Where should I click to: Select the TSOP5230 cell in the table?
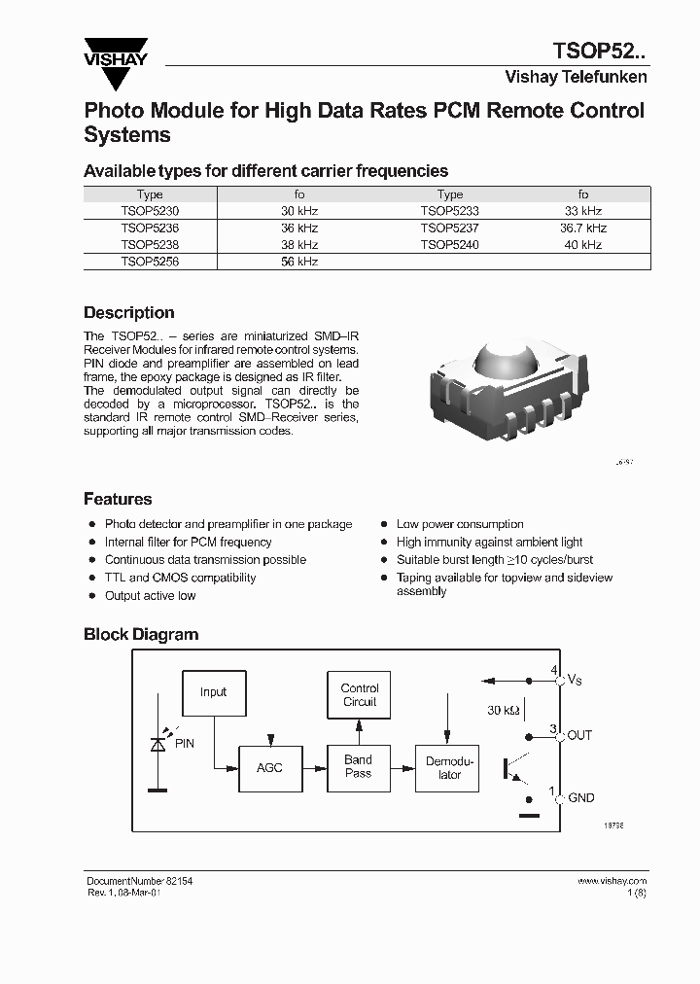point(150,210)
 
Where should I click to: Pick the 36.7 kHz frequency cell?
point(583,228)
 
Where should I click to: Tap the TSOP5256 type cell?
point(150,262)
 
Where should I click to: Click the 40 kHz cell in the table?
point(583,245)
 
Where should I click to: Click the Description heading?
point(128,313)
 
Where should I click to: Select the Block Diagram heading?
point(140,634)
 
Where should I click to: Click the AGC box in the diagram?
point(269,767)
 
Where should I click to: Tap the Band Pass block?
point(358,766)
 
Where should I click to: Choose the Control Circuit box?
point(359,694)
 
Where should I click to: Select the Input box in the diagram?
point(213,692)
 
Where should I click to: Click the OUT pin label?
point(579,735)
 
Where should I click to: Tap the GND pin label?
point(580,797)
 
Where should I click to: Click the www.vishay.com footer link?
point(612,881)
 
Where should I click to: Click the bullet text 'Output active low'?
point(150,595)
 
